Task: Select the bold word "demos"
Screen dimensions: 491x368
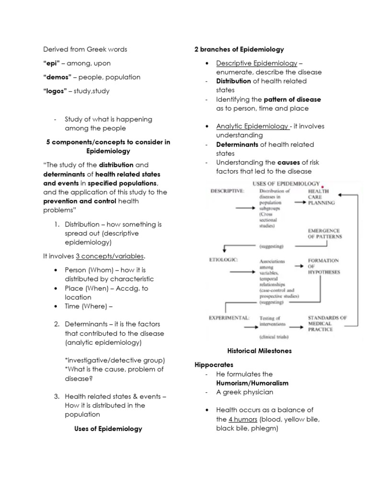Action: pos(57,77)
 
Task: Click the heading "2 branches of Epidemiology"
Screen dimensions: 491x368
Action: pos(239,49)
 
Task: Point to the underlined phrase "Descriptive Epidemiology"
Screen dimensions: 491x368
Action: pos(256,63)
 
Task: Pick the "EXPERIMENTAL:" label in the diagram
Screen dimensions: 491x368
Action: pos(229,317)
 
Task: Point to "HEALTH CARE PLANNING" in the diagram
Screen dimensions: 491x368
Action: pos(322,197)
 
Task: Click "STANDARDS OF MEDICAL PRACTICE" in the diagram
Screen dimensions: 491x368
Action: pos(327,323)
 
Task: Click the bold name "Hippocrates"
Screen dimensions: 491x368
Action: pos(213,365)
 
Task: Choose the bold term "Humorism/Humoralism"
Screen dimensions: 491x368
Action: pos(252,383)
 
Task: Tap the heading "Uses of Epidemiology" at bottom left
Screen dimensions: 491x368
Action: pos(108,429)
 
